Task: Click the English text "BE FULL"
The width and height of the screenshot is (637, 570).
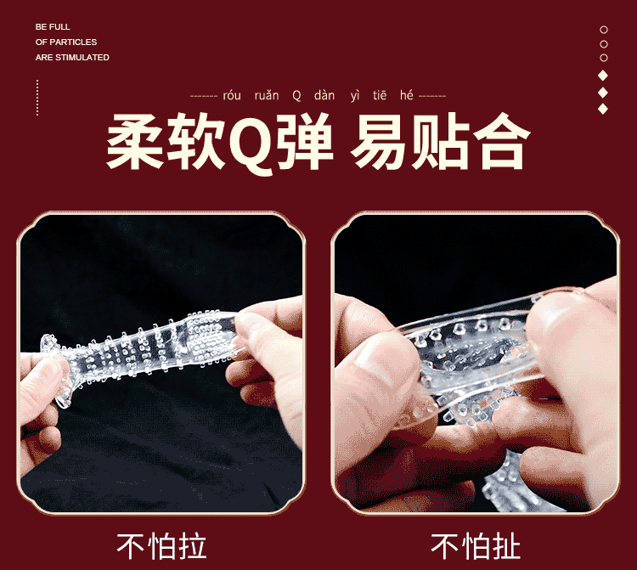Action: coord(53,27)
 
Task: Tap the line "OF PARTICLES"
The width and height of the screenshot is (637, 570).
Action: coord(65,42)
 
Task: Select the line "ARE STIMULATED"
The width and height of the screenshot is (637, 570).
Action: coord(72,57)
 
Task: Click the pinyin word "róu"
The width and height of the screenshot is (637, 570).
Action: coord(232,95)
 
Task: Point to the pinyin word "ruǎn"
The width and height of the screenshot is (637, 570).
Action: coord(267,95)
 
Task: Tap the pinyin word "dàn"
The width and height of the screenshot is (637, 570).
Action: coord(324,95)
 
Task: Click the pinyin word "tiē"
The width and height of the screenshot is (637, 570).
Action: coord(380,95)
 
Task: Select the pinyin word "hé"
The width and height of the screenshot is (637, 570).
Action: coord(406,95)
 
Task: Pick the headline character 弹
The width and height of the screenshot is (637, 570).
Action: coord(305,141)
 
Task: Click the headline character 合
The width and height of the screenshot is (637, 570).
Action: coord(501,141)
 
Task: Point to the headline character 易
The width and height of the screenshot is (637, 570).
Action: coord(379,141)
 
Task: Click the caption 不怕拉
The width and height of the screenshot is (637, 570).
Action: coord(161,546)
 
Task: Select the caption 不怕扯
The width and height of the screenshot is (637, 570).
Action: coord(476,546)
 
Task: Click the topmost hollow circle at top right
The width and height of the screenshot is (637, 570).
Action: coord(604,30)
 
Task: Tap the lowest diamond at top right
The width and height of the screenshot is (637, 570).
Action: coord(603,109)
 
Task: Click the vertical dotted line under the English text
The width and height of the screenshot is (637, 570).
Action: coord(37,98)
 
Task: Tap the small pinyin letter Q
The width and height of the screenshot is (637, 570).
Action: coord(296,95)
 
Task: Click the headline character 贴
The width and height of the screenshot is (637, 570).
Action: coord(440,141)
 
